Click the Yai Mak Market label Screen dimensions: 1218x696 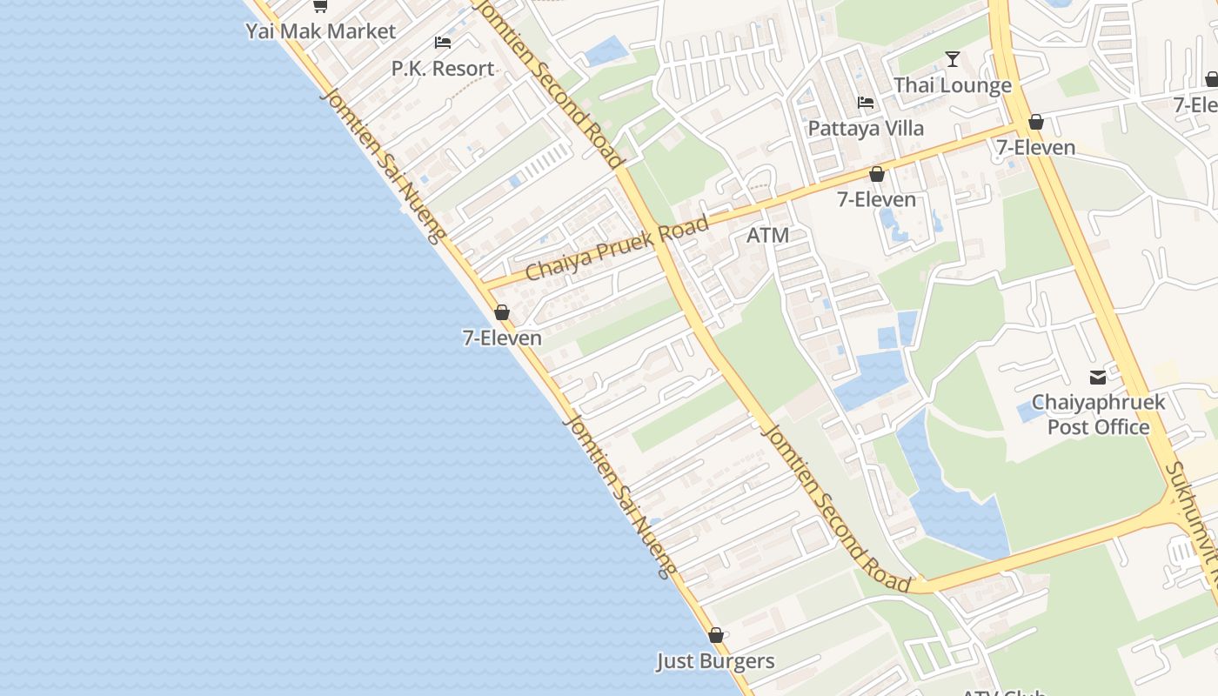tap(320, 31)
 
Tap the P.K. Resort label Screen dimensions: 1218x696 tap(442, 69)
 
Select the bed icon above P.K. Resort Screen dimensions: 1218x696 tap(442, 43)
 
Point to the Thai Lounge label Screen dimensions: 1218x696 tap(953, 85)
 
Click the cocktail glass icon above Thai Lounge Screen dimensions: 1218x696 tap(953, 59)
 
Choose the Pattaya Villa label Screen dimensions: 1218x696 tap(866, 129)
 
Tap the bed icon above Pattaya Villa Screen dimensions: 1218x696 tap(866, 103)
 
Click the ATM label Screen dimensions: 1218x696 tap(767, 235)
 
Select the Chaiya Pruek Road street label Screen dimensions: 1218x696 tap(617, 249)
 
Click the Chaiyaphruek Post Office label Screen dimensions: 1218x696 tap(1098, 415)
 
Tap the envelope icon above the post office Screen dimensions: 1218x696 tap(1098, 378)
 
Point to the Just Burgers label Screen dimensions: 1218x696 tap(715, 661)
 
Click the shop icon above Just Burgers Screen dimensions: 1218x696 tap(715, 636)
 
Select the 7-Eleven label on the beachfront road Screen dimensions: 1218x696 tap(502, 338)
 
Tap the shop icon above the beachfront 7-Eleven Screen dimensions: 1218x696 tap(502, 312)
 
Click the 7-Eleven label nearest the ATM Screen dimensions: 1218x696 tap(876, 199)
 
